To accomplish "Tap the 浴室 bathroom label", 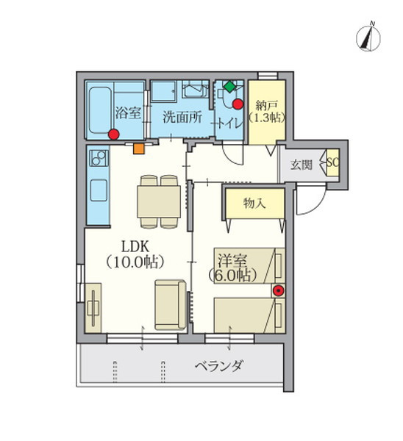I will click(x=128, y=113).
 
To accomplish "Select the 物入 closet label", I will click(x=254, y=204).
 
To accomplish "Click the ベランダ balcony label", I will click(x=218, y=365).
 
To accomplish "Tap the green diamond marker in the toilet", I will click(x=229, y=87).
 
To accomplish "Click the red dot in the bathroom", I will click(x=113, y=134).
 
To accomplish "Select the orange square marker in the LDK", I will click(x=139, y=148).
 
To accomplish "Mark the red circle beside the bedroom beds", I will click(x=278, y=290).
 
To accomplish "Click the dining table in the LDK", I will click(x=159, y=199).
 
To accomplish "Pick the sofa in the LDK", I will click(x=171, y=303).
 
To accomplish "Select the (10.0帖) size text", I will click(x=134, y=261).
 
